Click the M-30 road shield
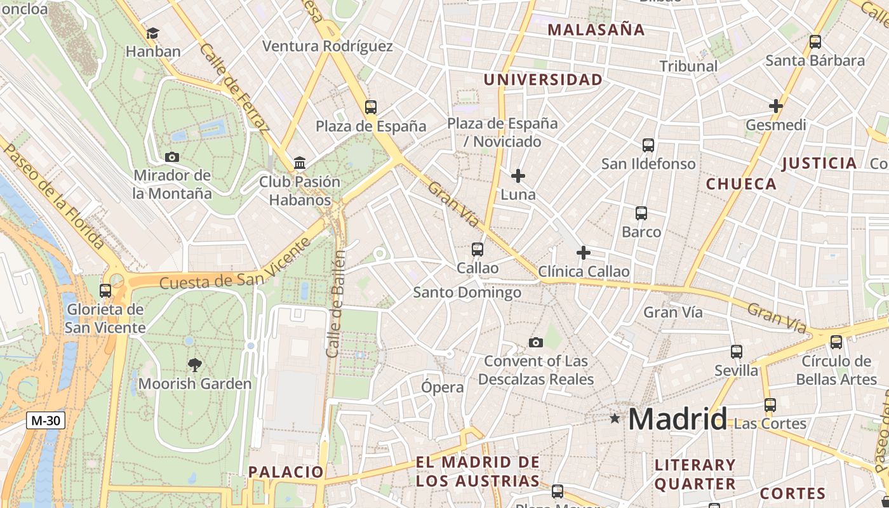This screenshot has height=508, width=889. (46, 420)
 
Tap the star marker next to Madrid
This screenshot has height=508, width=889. (614, 418)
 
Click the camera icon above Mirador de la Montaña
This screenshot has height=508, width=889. (171, 157)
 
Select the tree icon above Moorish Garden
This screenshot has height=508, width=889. (195, 364)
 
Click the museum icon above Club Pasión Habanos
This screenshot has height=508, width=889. (300, 163)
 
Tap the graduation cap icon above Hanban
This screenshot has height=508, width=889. (152, 33)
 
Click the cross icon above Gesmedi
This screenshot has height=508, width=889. (775, 106)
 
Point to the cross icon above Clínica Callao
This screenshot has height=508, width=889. (583, 253)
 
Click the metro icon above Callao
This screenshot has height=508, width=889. (478, 250)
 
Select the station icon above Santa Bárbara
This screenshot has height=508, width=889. (815, 42)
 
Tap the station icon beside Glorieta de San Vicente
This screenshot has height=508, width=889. (105, 291)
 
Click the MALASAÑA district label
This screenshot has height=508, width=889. (596, 30)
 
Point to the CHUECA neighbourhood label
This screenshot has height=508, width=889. (741, 184)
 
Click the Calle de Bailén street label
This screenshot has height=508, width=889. (335, 304)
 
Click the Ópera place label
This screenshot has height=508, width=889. (443, 387)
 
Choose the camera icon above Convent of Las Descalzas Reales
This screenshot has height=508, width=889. (536, 343)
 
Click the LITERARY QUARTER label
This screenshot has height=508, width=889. (695, 474)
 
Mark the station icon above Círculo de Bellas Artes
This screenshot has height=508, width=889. (836, 342)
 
